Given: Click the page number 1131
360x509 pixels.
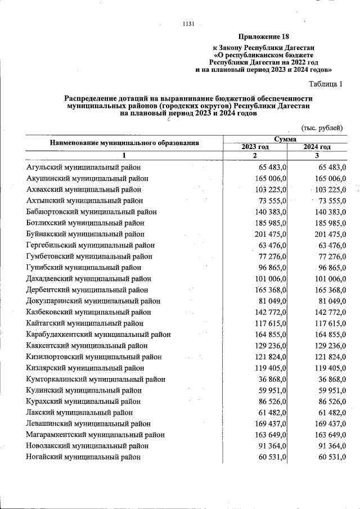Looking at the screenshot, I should pos(188,24).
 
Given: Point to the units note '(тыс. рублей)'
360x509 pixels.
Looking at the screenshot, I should pos(321,128).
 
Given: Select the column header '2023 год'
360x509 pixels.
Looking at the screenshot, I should pos(255,147).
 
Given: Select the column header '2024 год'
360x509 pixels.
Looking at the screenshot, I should pos(317,147).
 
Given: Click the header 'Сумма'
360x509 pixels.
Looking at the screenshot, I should pos(285,139).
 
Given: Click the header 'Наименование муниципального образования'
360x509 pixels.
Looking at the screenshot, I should pos(124,143).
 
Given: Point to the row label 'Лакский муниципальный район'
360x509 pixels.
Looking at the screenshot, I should pos(79,412).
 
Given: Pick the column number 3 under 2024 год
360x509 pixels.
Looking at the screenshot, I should pos(317,156).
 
